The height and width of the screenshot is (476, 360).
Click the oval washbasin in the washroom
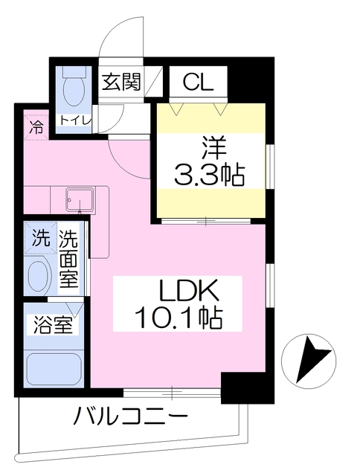(39, 277)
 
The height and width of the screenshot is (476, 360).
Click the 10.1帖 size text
(178, 320)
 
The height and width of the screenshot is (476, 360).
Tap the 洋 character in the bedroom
(210, 146)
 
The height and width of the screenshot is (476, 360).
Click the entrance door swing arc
(119, 37)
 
